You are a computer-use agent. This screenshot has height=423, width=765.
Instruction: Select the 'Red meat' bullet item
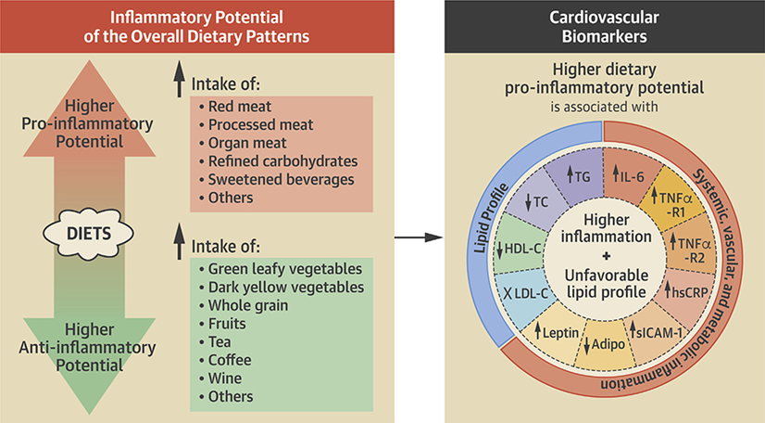pos(240,106)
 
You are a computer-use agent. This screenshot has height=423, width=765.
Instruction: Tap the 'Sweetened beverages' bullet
pos(280,178)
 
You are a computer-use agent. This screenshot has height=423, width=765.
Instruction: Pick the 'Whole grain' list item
pos(249,304)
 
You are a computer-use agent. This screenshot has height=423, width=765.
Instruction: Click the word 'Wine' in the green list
pos(228,378)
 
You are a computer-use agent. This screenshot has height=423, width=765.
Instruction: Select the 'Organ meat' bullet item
pos(246,142)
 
